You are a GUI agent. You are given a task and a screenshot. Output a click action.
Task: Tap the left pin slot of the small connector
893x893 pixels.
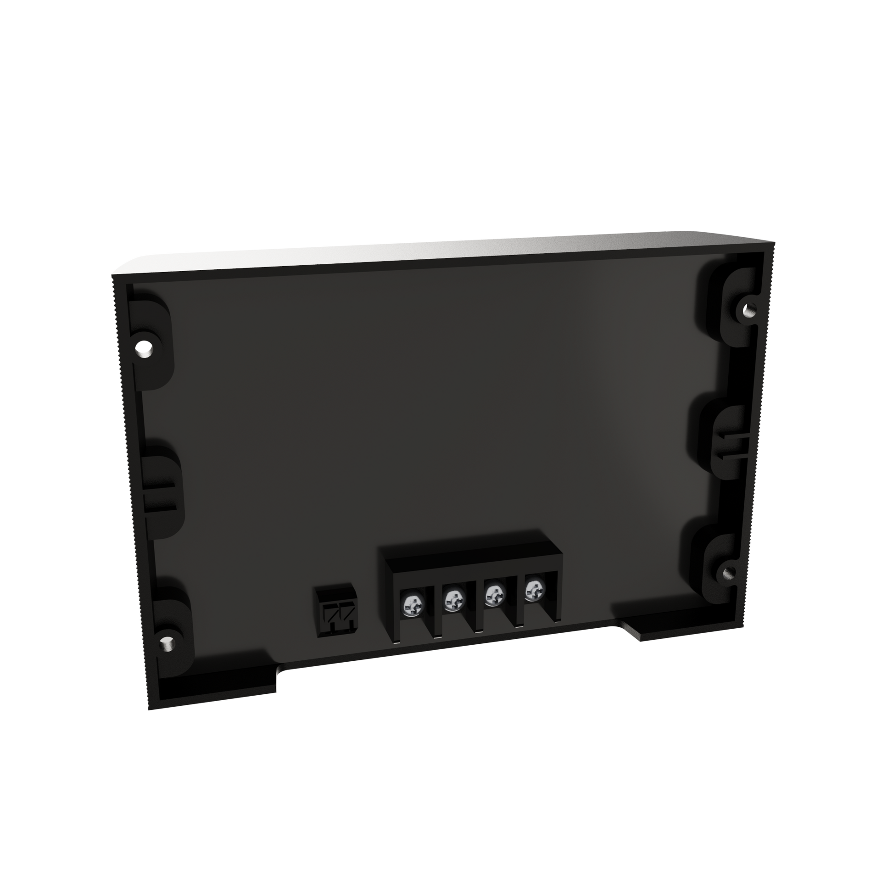coord(329,614)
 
